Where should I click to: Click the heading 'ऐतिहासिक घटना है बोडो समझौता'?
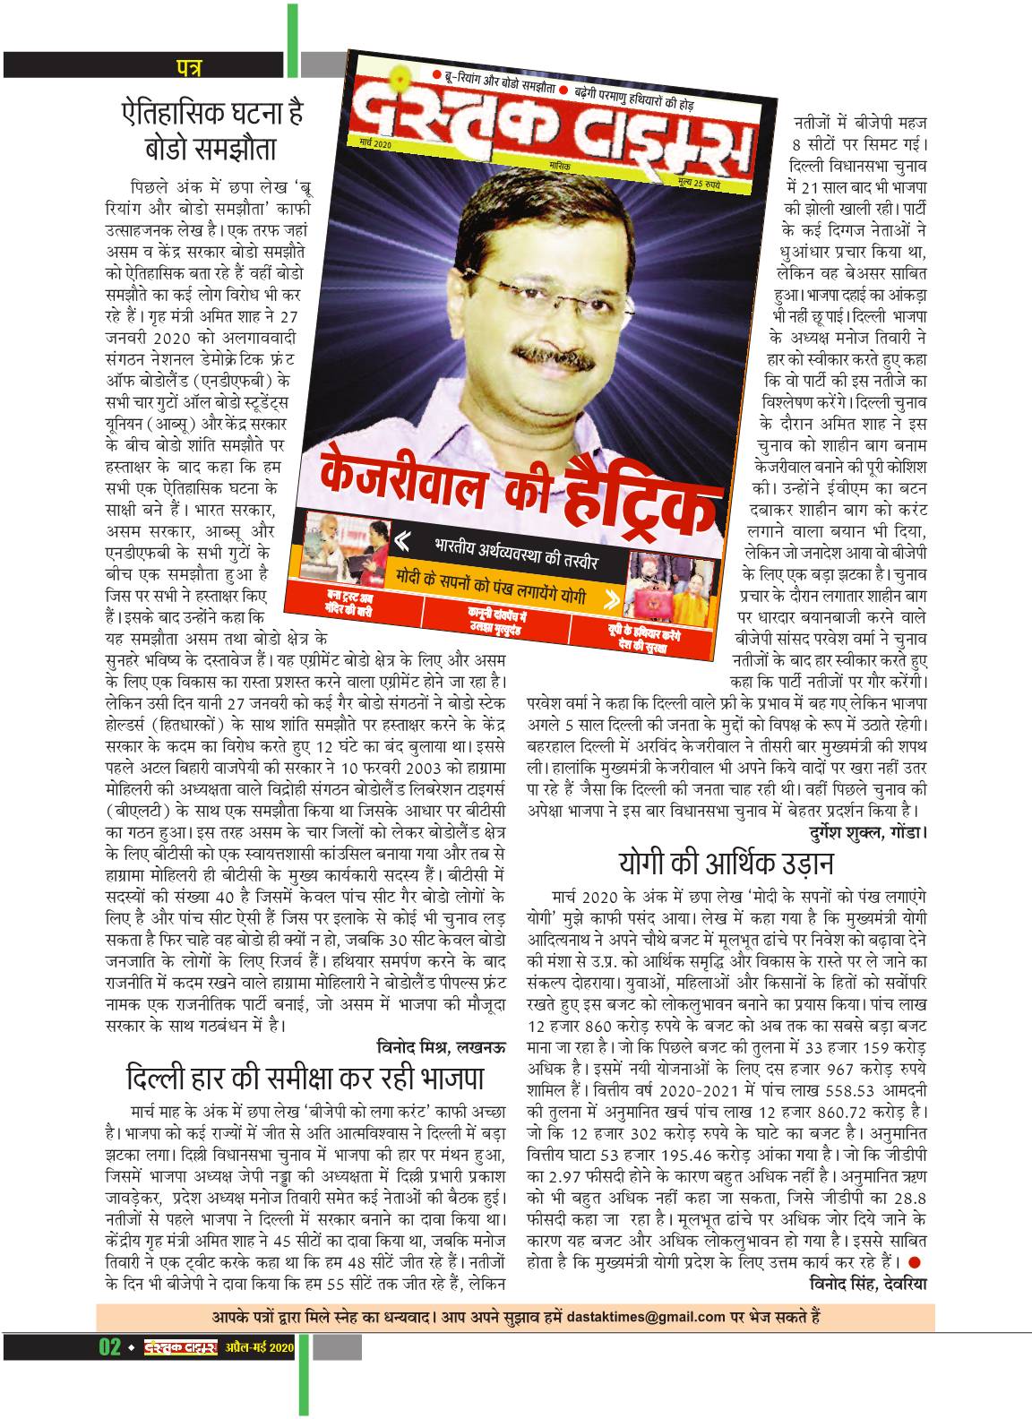tap(212, 130)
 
